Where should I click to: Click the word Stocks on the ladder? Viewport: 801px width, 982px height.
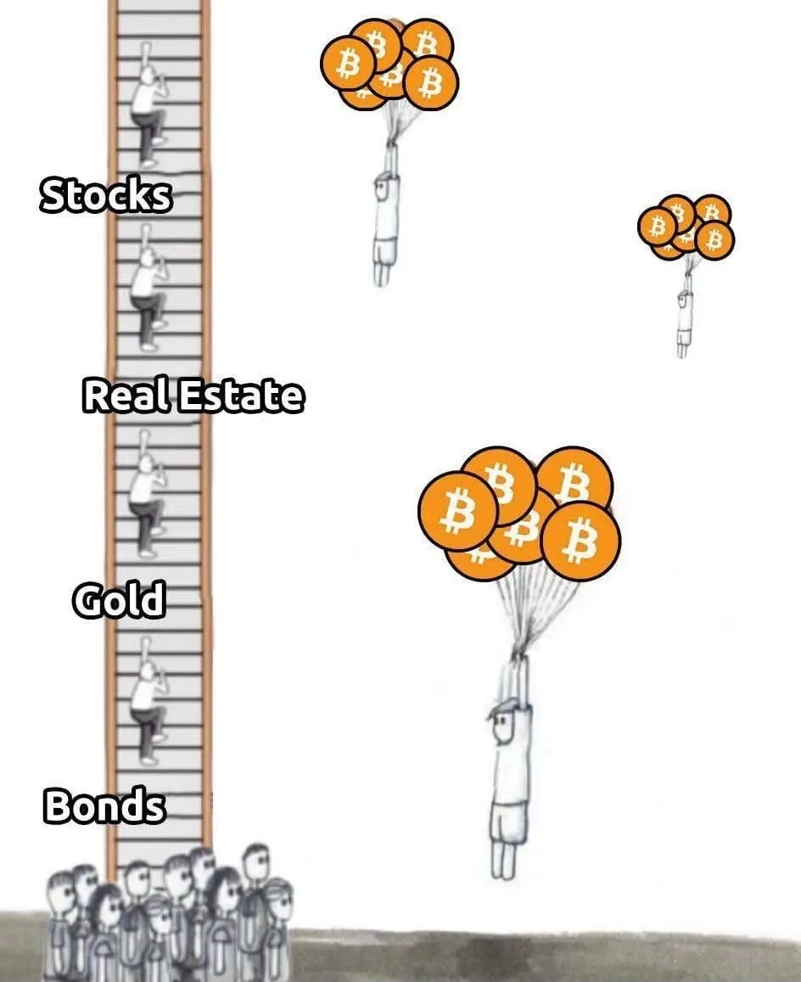pyautogui.click(x=105, y=195)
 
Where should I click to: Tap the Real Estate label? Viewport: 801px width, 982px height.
pyautogui.click(x=193, y=396)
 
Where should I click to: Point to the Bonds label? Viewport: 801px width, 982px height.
pyautogui.click(x=104, y=805)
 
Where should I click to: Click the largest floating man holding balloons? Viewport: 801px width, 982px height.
pyautogui.click(x=510, y=764)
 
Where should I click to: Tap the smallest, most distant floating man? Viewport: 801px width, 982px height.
pyautogui.click(x=684, y=318)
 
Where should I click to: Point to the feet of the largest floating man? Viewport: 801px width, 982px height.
pyautogui.click(x=502, y=861)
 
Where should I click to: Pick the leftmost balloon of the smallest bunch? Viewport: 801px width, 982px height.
pyautogui.click(x=657, y=226)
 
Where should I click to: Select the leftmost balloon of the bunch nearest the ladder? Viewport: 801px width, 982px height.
pyautogui.click(x=347, y=63)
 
